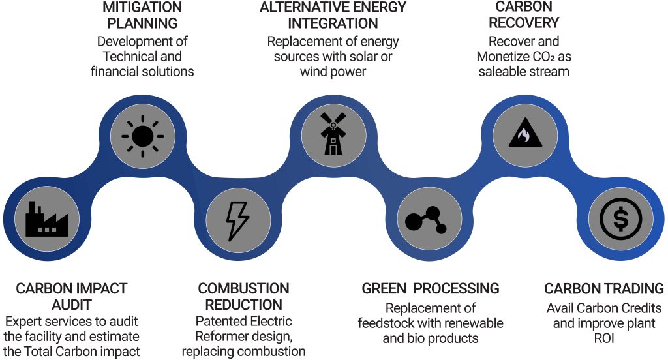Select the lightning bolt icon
(237, 219)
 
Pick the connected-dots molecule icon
(427, 220)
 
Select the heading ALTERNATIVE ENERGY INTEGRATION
(333, 15)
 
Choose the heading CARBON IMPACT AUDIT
(71, 296)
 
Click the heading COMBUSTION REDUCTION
(243, 296)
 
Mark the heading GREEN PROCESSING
(431, 288)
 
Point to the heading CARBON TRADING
(604, 288)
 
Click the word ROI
(604, 339)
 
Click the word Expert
(24, 321)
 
